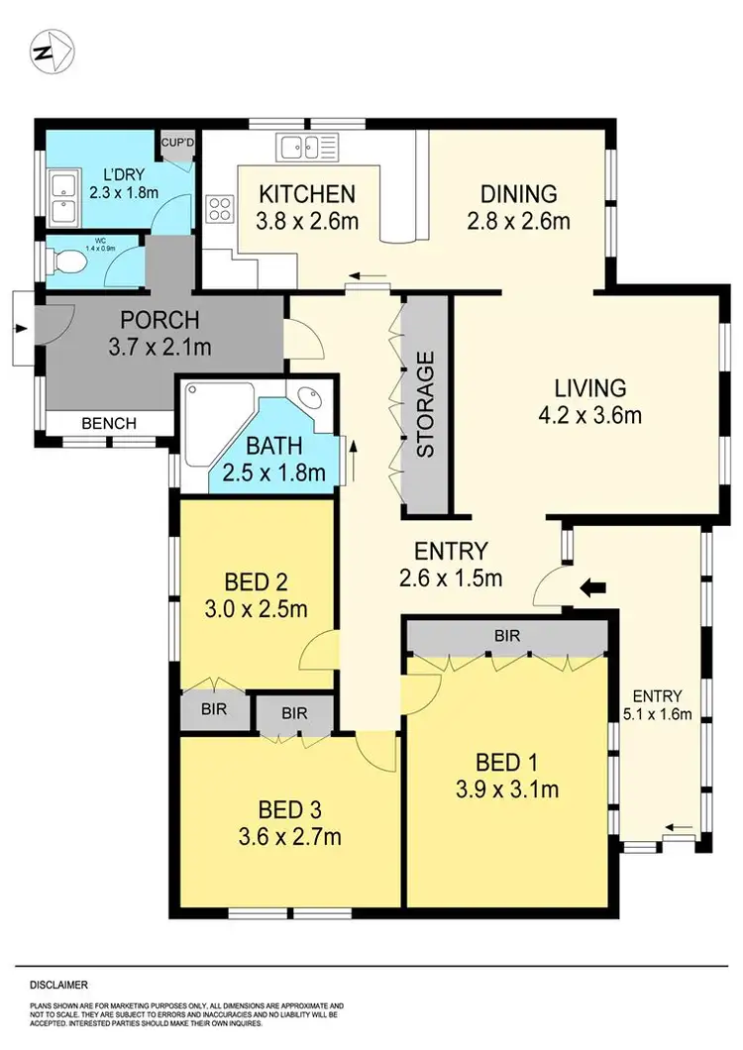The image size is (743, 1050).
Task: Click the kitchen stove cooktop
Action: pyautogui.click(x=219, y=208)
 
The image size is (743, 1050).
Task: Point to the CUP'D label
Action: pyautogui.click(x=178, y=143)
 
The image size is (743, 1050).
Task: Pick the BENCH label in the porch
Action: pyautogui.click(x=108, y=423)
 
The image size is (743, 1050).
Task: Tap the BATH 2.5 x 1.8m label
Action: pyautogui.click(x=273, y=461)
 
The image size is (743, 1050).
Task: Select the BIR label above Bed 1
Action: pyautogui.click(x=506, y=635)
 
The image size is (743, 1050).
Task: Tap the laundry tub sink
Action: pyautogui.click(x=62, y=196)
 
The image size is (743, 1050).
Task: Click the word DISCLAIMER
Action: pyautogui.click(x=58, y=985)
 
